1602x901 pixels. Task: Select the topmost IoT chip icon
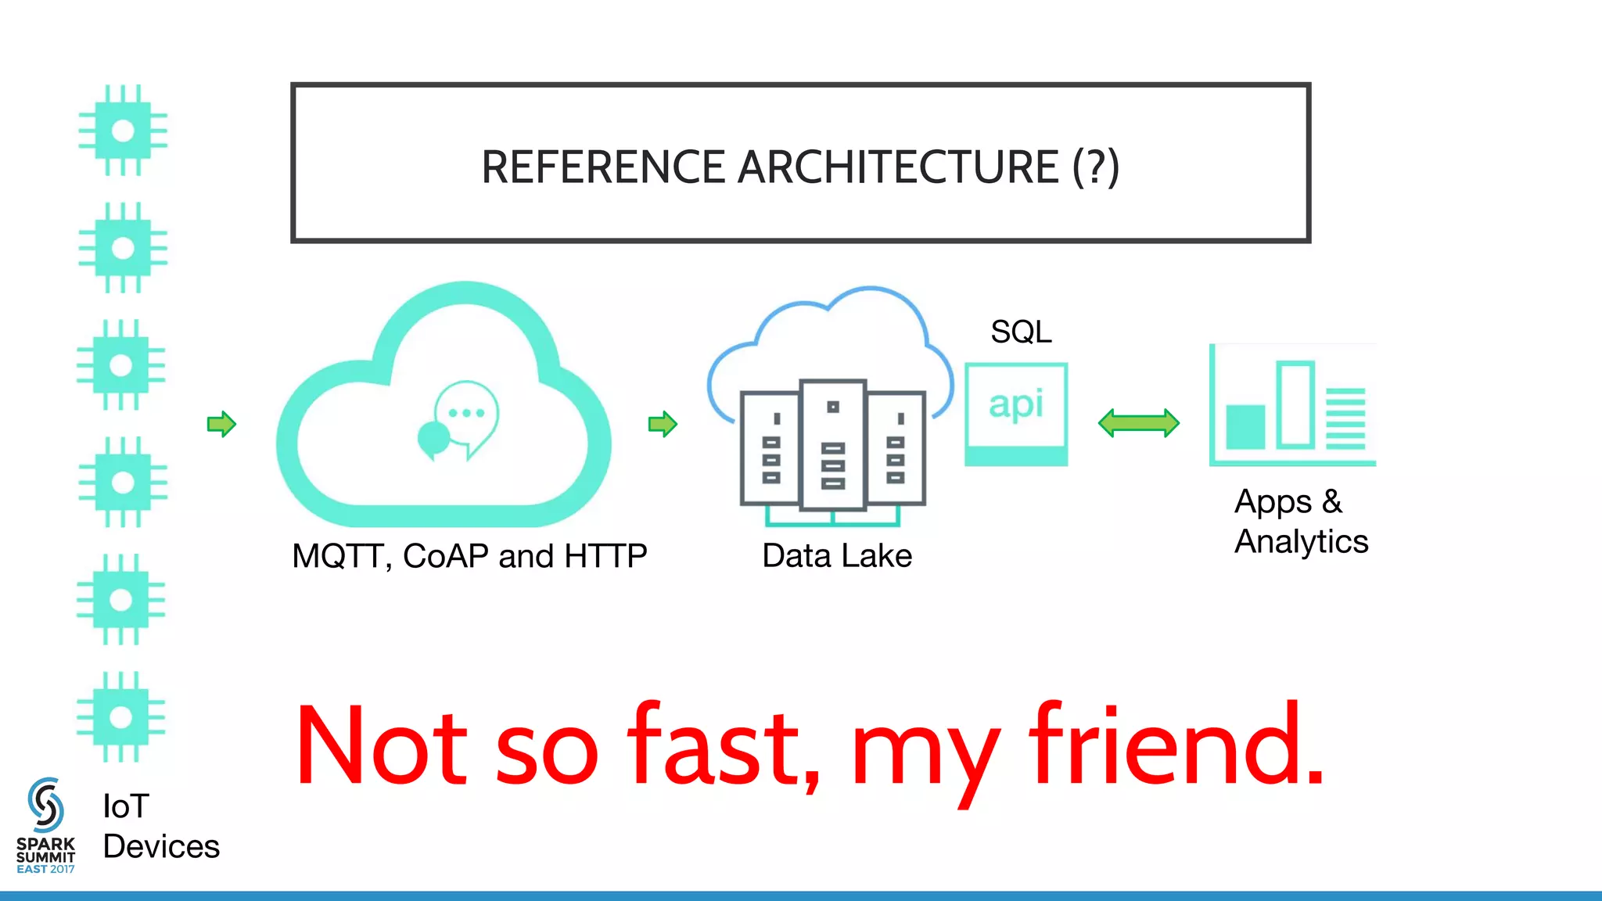pos(123,130)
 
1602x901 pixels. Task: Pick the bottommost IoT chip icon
pos(121,716)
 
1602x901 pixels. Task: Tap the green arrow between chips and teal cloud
pos(221,424)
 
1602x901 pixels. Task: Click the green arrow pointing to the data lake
pos(663,424)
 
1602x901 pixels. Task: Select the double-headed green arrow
pos(1139,423)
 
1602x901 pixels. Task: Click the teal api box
pos(1016,413)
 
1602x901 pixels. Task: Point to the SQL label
pos(1021,332)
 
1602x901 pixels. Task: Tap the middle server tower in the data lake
pos(833,444)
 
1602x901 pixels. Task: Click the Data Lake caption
pos(837,556)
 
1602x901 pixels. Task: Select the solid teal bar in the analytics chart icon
pos(1245,427)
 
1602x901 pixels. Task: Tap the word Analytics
pos(1302,541)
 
